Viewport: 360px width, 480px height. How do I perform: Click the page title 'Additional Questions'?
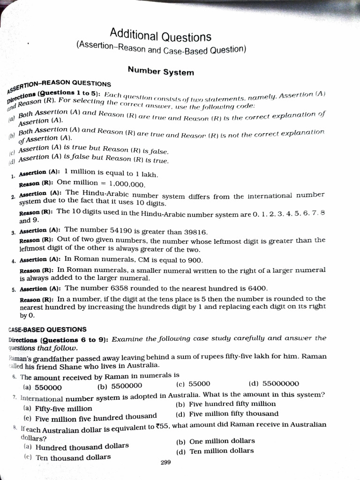[x=160, y=36]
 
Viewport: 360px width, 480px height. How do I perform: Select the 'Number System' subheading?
[x=160, y=72]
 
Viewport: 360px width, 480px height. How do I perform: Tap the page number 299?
[x=165, y=462]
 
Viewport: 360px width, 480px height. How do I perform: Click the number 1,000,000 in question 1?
[x=127, y=184]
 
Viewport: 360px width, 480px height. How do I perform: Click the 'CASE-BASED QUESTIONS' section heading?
[x=47, y=329]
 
